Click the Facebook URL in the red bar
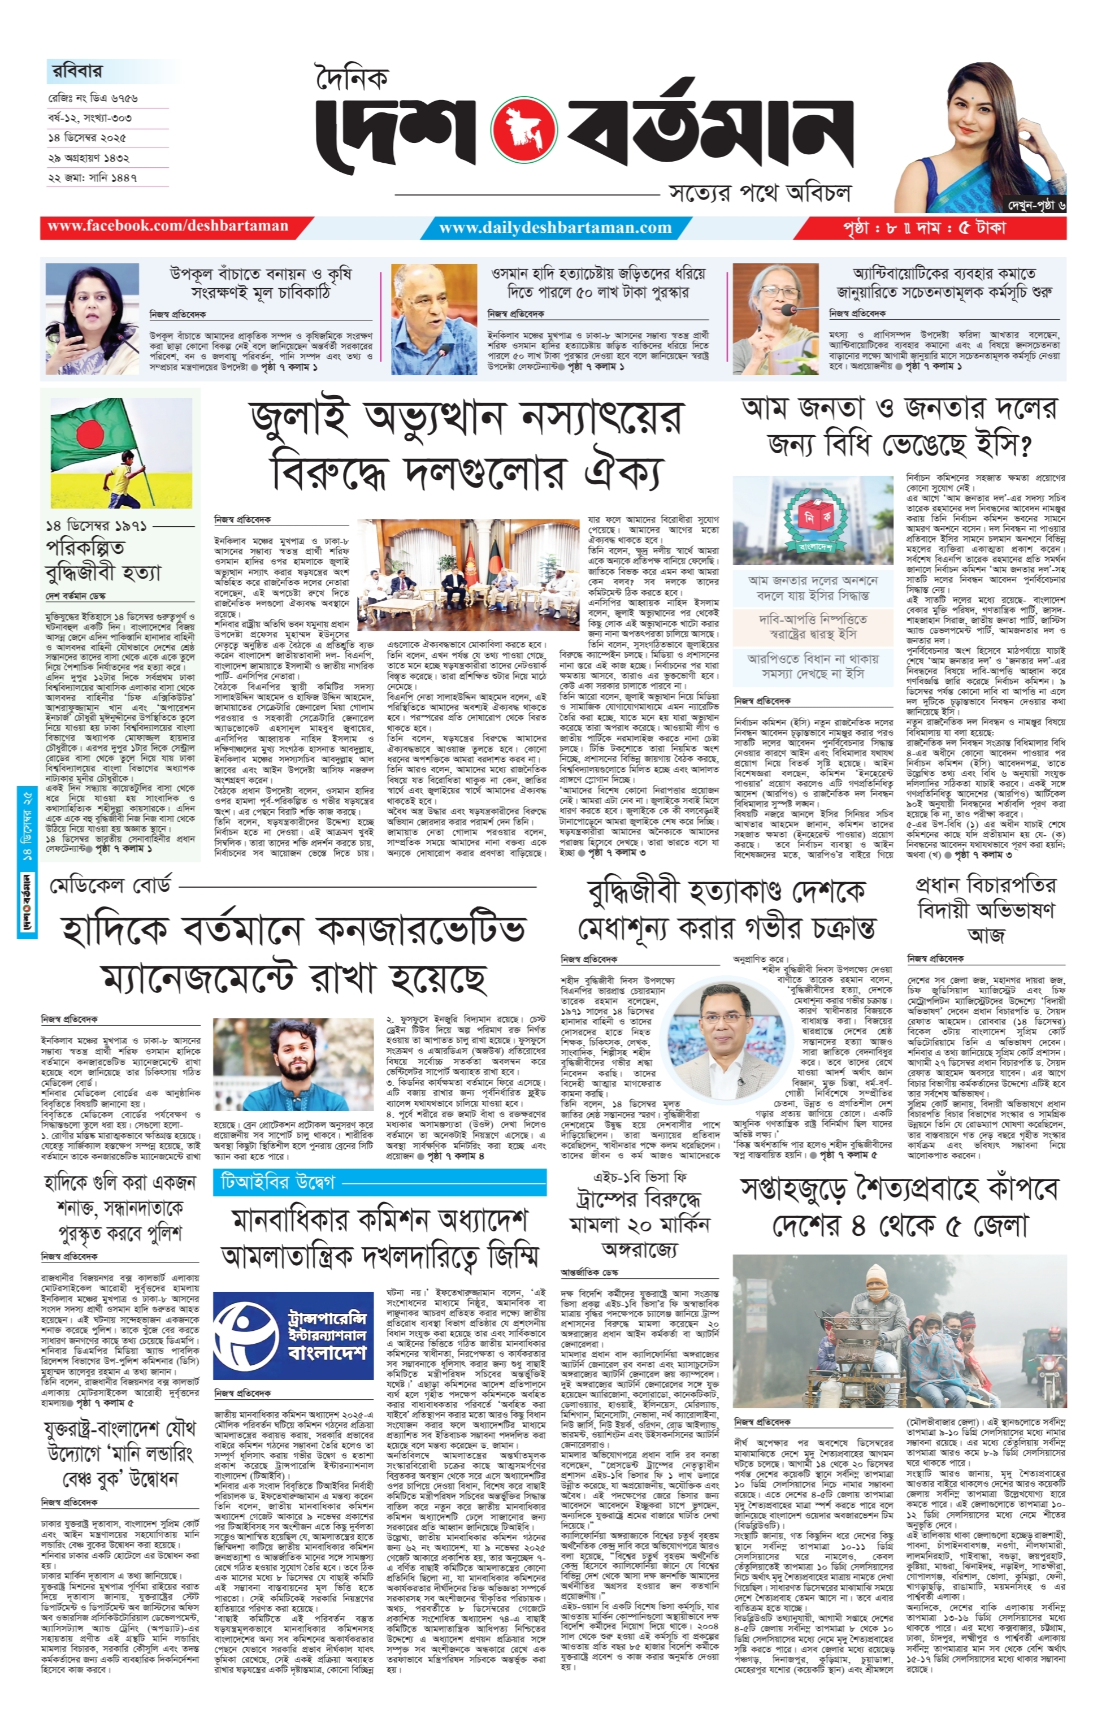pos(168,227)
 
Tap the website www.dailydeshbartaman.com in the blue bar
pos(555,228)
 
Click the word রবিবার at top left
pos(78,71)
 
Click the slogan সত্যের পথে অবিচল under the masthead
pos(759,193)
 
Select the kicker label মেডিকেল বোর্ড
pos(110,886)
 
